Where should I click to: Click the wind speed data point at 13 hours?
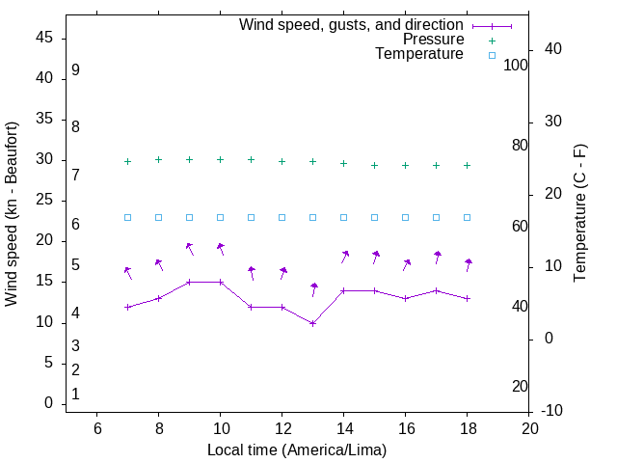pyautogui.click(x=312, y=323)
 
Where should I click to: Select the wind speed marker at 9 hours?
pyautogui.click(x=189, y=282)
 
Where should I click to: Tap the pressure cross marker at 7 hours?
pyautogui.click(x=127, y=161)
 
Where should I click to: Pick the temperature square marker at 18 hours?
pyautogui.click(x=467, y=217)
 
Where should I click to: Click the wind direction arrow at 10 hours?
pyautogui.click(x=221, y=248)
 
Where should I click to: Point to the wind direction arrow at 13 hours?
pyautogui.click(x=313, y=288)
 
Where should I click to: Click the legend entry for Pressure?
pyautogui.click(x=433, y=40)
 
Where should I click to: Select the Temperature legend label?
pyautogui.click(x=419, y=54)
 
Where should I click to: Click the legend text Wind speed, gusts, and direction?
pyautogui.click(x=352, y=25)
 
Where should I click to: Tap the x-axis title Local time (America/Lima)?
pyautogui.click(x=297, y=449)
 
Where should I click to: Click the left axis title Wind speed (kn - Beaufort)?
pyautogui.click(x=12, y=214)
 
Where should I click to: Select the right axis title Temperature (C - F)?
pyautogui.click(x=579, y=214)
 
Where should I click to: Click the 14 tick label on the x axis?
pyautogui.click(x=343, y=427)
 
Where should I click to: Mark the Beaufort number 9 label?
pyautogui.click(x=75, y=70)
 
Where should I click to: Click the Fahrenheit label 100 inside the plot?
pyautogui.click(x=516, y=65)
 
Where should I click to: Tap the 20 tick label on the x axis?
pyautogui.click(x=528, y=427)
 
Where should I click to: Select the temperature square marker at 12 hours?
pyautogui.click(x=282, y=217)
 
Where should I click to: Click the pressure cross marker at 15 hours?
pyautogui.click(x=374, y=165)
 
